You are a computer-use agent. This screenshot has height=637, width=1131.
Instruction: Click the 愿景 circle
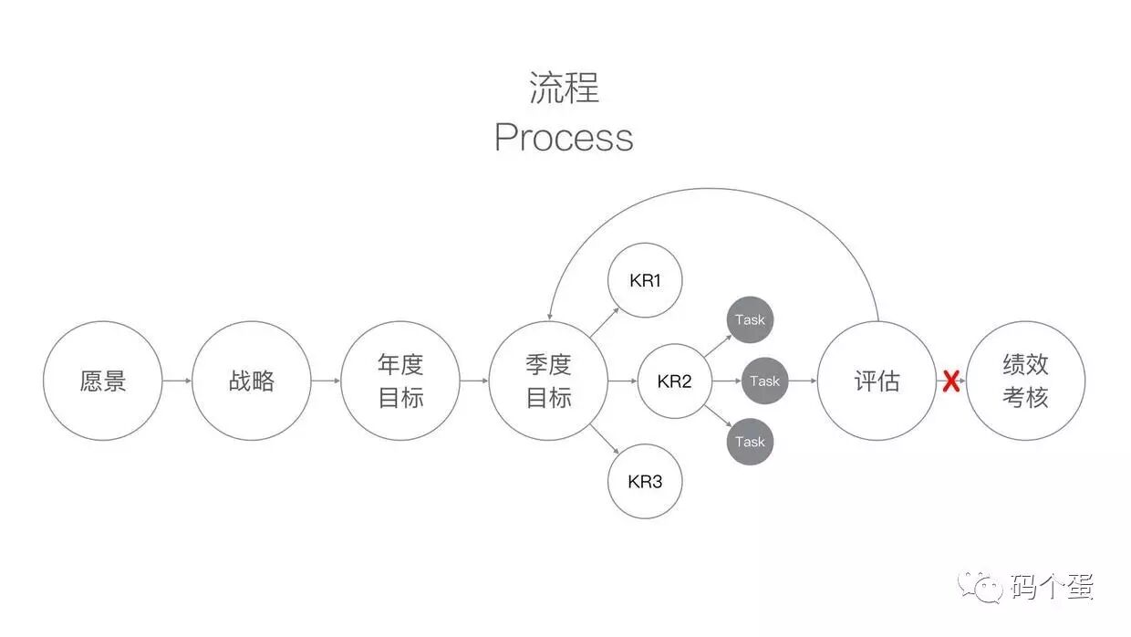pyautogui.click(x=103, y=381)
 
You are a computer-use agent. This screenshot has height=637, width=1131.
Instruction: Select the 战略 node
pyautogui.click(x=252, y=381)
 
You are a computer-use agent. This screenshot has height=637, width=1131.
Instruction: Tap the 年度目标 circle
pyautogui.click(x=400, y=381)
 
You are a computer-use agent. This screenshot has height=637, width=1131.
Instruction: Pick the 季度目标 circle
pyautogui.click(x=548, y=381)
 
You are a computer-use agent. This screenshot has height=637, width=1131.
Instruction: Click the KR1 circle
pyautogui.click(x=645, y=280)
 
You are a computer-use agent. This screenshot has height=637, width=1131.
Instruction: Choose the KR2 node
pyautogui.click(x=674, y=381)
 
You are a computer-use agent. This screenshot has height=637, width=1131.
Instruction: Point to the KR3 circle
pyautogui.click(x=645, y=481)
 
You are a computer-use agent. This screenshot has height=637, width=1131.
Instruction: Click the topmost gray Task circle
pyautogui.click(x=750, y=320)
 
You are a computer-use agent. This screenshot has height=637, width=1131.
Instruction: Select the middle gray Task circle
pyautogui.click(x=764, y=381)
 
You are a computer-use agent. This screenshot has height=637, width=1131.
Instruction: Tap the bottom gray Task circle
pyautogui.click(x=750, y=442)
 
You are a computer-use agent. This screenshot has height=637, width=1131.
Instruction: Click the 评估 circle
pyautogui.click(x=877, y=381)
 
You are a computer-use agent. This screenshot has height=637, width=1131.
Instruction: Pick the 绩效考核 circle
pyautogui.click(x=1025, y=381)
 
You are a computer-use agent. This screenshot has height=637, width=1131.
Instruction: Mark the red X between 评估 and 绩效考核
pyautogui.click(x=950, y=381)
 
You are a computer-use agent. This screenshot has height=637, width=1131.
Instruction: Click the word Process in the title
pyautogui.click(x=564, y=138)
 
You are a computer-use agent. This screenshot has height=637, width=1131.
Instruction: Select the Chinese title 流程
pyautogui.click(x=564, y=89)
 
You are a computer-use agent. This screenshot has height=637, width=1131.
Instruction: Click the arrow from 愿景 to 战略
pyautogui.click(x=177, y=381)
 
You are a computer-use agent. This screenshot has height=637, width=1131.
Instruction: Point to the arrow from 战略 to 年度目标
pyautogui.click(x=326, y=381)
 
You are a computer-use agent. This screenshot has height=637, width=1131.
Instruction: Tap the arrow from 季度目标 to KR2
pyautogui.click(x=623, y=381)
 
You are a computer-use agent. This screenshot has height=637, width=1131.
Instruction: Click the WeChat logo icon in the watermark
pyautogui.click(x=983, y=586)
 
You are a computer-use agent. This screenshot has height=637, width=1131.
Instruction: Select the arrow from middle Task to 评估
pyautogui.click(x=802, y=381)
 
